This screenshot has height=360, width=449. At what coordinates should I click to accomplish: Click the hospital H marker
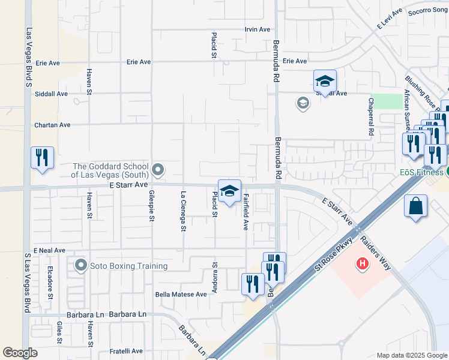click(x=362, y=263)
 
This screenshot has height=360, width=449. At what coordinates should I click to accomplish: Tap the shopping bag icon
click(x=415, y=206)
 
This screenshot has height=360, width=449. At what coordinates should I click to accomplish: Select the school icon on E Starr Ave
click(x=229, y=191)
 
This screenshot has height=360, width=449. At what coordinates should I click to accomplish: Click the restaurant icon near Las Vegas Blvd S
click(x=42, y=158)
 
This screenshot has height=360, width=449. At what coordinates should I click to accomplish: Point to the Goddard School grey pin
click(x=158, y=171)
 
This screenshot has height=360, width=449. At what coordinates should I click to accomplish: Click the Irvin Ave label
click(x=257, y=29)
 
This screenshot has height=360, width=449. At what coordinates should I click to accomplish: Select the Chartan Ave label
click(x=52, y=125)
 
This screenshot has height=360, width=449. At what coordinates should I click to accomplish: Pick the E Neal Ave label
click(x=49, y=250)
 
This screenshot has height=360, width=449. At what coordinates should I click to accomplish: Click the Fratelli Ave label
click(x=125, y=351)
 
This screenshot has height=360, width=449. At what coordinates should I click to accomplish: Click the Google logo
click(x=20, y=353)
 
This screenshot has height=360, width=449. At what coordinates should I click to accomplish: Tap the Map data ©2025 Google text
click(x=411, y=355)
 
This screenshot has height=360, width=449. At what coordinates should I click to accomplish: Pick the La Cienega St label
click(x=183, y=212)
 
